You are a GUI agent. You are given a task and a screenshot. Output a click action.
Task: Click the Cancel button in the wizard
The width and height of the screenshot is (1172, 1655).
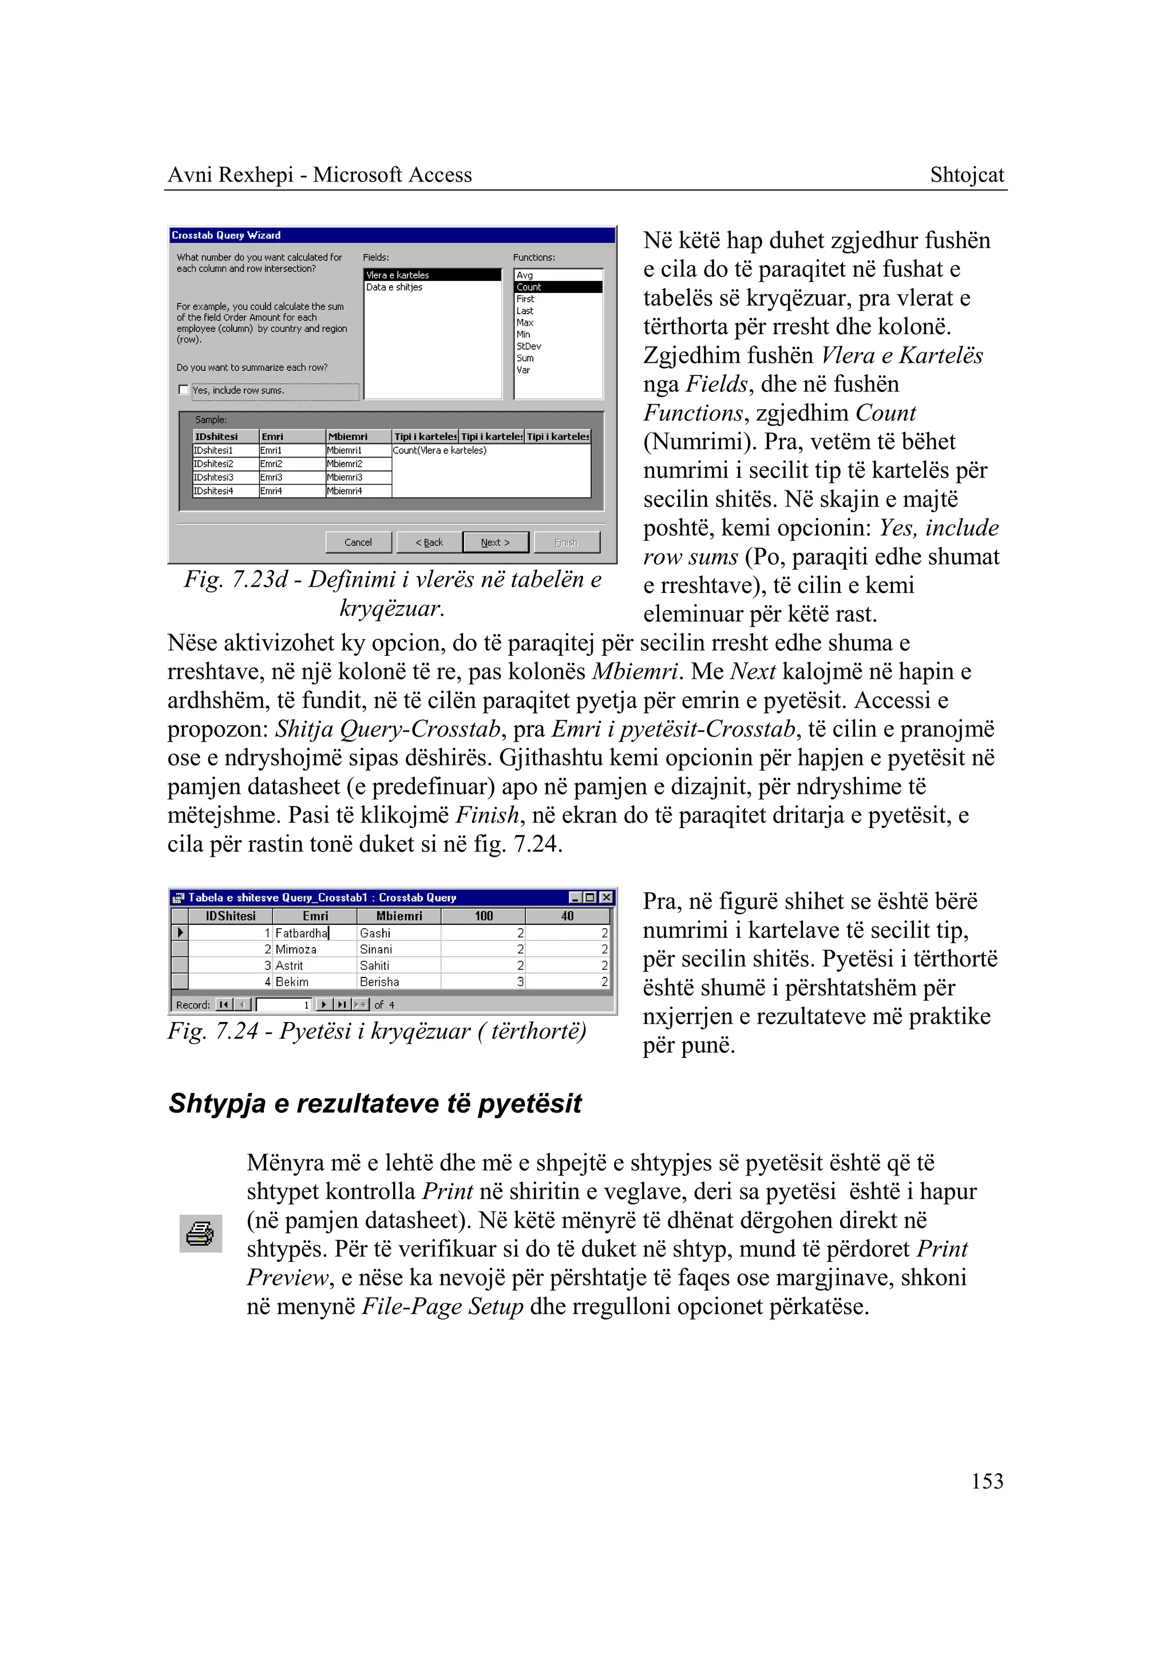tap(358, 542)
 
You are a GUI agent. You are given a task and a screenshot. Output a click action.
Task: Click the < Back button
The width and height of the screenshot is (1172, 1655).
tap(429, 542)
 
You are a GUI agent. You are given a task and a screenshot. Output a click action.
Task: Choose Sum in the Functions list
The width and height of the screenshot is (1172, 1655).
tap(525, 358)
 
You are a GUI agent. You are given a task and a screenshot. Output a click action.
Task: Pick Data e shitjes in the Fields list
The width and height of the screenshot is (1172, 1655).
tap(394, 287)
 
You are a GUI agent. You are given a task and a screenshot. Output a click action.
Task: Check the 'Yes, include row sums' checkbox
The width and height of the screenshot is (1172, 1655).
tap(183, 390)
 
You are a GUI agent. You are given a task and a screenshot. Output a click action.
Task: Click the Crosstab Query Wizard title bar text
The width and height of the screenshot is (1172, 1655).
tap(226, 235)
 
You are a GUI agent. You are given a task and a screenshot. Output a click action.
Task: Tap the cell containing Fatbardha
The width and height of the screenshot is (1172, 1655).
tap(301, 933)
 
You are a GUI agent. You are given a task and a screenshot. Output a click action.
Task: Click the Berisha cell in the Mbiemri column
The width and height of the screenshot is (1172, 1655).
tap(379, 981)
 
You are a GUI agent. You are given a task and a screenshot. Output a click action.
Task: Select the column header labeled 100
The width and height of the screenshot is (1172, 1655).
tap(484, 916)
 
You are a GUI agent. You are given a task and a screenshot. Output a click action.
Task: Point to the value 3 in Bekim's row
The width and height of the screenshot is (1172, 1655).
tap(520, 981)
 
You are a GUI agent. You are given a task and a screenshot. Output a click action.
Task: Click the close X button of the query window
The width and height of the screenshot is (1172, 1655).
tap(606, 897)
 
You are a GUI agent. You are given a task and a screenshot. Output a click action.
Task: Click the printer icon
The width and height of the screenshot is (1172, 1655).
tap(200, 1233)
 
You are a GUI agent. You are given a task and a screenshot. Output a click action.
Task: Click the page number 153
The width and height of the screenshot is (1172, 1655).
tap(987, 1481)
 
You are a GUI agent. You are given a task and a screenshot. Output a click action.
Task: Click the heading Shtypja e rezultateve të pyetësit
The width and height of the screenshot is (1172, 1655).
tap(375, 1103)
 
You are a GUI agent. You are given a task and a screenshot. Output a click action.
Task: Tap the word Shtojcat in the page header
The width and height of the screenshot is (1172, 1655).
tap(967, 175)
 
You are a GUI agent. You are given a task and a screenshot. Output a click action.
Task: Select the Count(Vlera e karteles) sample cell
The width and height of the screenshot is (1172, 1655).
tap(439, 450)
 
